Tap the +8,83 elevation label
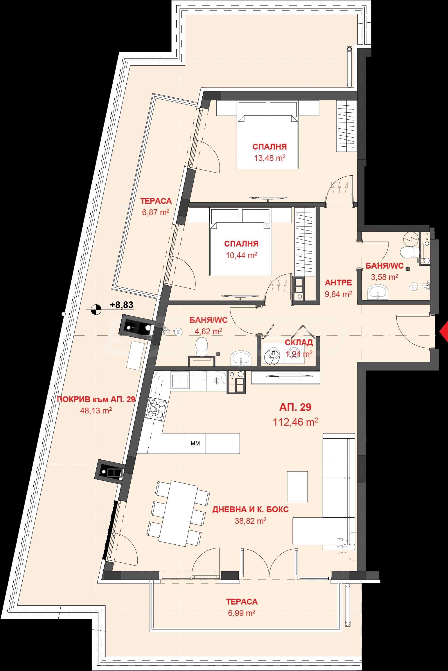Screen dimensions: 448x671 click(x=122, y=305)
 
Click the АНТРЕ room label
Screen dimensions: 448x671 click(x=338, y=283)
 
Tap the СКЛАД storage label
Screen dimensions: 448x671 click(x=299, y=343)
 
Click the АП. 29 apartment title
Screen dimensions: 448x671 click(x=295, y=407)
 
